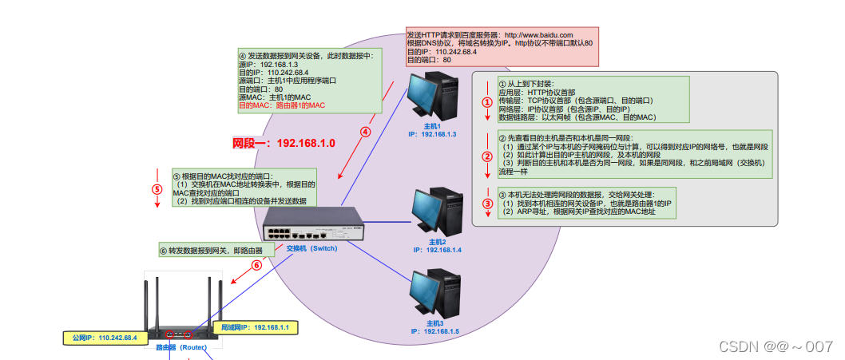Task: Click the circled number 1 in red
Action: point(486,102)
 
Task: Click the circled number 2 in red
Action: point(486,157)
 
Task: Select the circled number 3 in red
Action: point(486,204)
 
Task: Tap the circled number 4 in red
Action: point(365,133)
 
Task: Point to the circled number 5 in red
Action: point(157,190)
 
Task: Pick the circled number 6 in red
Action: point(256,265)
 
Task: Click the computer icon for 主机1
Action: point(431,98)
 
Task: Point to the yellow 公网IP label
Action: point(102,338)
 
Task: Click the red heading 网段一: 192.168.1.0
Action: point(283,144)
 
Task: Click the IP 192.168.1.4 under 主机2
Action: point(437,250)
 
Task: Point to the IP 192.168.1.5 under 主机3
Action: point(435,330)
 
